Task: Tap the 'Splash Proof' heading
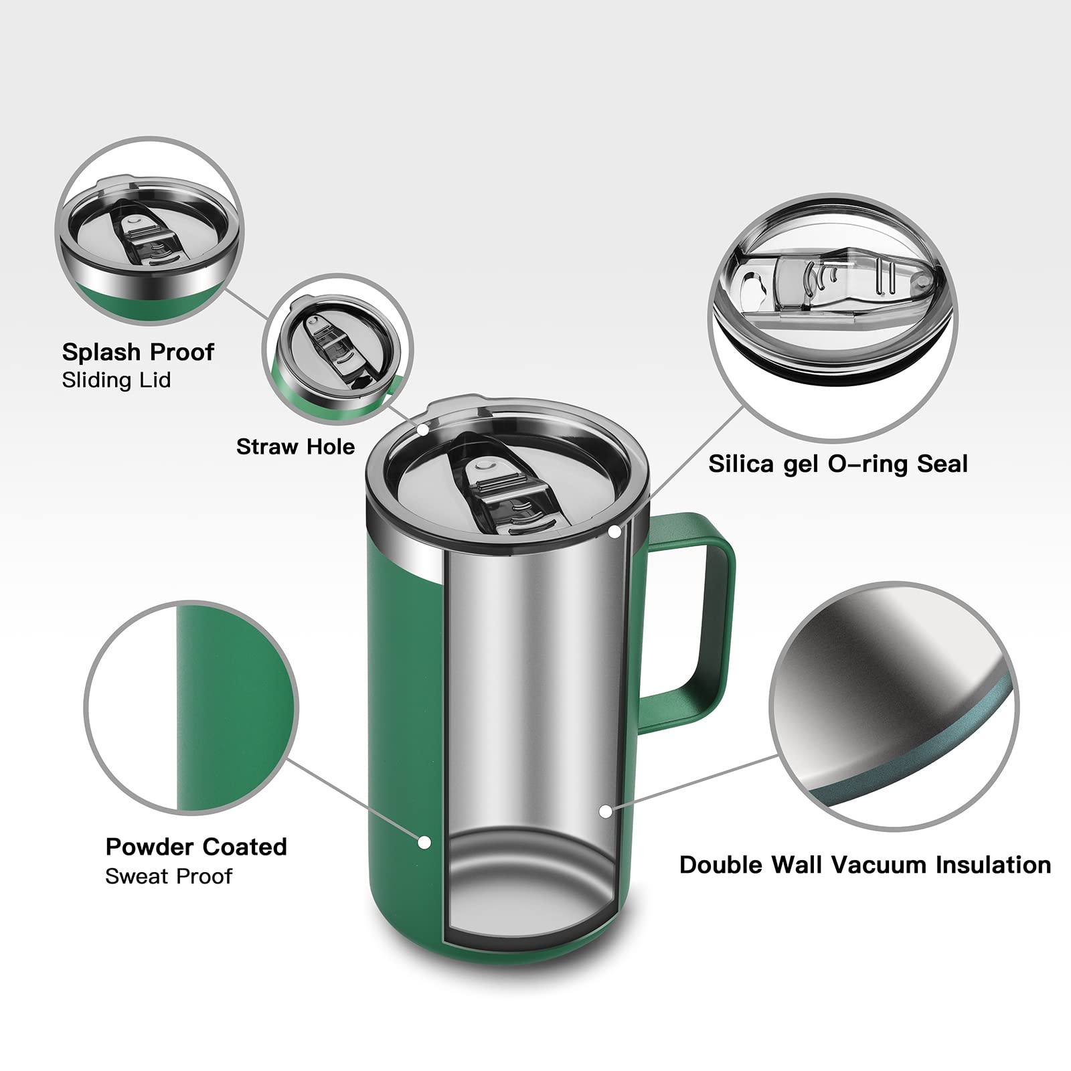138,352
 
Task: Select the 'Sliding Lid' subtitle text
116,380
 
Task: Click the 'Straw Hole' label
295,446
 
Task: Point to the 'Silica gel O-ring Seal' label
838,464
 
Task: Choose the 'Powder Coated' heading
196,847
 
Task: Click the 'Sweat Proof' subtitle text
169,876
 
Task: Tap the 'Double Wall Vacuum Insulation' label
865,865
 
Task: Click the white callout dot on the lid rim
423,428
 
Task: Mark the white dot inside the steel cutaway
605,811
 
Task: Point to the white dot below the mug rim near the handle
614,532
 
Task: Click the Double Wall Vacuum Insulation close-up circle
894,706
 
